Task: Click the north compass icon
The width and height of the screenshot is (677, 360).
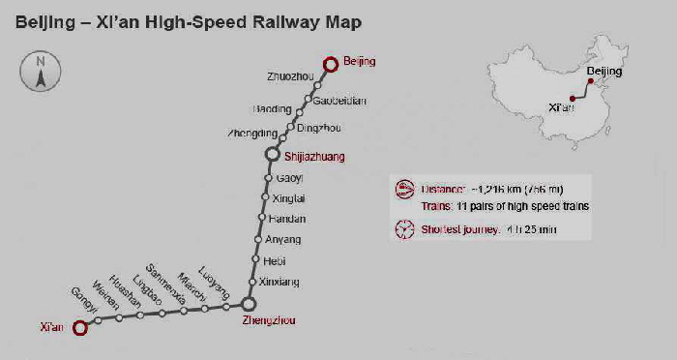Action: click(40, 74)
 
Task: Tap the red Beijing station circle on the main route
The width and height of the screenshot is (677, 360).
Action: click(331, 64)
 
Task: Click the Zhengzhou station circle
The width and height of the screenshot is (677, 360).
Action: click(249, 305)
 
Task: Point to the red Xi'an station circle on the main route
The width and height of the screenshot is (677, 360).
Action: click(80, 327)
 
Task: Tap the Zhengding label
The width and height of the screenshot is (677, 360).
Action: click(252, 134)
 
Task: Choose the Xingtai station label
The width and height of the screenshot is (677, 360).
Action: click(290, 197)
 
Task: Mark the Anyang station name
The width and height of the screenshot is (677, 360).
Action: click(283, 239)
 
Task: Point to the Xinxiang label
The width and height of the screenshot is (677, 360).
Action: click(280, 282)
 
